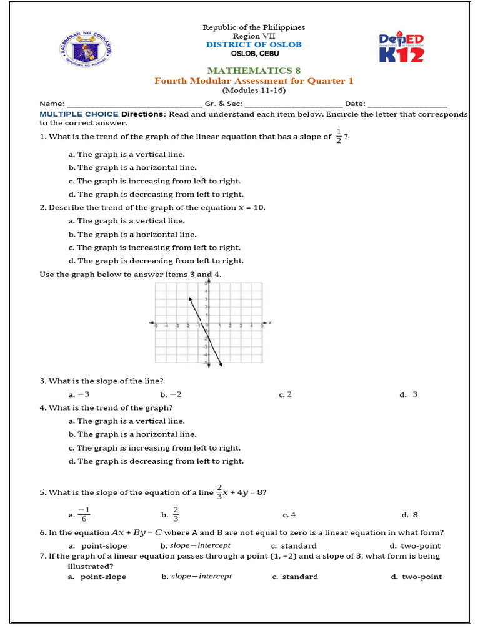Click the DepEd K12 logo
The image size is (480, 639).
pyautogui.click(x=401, y=48)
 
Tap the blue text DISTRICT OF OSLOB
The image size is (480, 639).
pyautogui.click(x=253, y=44)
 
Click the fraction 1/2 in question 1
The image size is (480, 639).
pyautogui.click(x=339, y=136)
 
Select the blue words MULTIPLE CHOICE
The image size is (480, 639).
pyautogui.click(x=79, y=114)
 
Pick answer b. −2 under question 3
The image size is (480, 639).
pyautogui.click(x=171, y=394)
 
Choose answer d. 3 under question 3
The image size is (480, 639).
pyautogui.click(x=409, y=394)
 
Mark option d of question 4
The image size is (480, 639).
pyautogui.click(x=156, y=461)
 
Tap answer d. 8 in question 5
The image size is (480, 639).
pyautogui.click(x=409, y=515)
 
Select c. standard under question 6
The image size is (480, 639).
pyautogui.click(x=294, y=546)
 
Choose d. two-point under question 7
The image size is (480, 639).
pyautogui.click(x=416, y=577)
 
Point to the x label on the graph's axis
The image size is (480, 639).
pyautogui.click(x=269, y=323)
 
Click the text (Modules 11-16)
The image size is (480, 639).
pyautogui.click(x=253, y=90)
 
